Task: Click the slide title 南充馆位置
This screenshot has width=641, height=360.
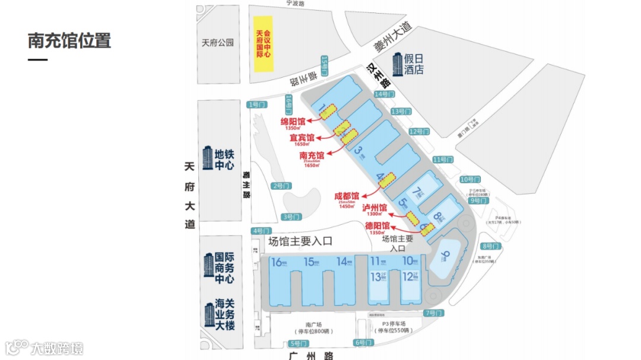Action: coord(69,41)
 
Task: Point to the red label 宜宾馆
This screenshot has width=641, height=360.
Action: coord(302,138)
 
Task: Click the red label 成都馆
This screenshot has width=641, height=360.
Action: coord(347,196)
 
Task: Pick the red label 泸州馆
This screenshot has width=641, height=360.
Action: coord(375,208)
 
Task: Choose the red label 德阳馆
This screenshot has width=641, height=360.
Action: coord(377,225)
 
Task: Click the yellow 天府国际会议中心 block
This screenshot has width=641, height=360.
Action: coord(264,44)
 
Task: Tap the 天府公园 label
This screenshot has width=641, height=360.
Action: coord(218,43)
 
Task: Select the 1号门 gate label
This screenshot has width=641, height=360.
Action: coord(256,104)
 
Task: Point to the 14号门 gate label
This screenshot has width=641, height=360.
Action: coord(385,94)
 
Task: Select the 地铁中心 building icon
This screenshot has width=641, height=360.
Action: coord(207,157)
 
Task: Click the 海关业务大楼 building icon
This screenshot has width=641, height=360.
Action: coord(209,315)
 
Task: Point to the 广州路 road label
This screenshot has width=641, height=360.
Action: coord(311,355)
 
